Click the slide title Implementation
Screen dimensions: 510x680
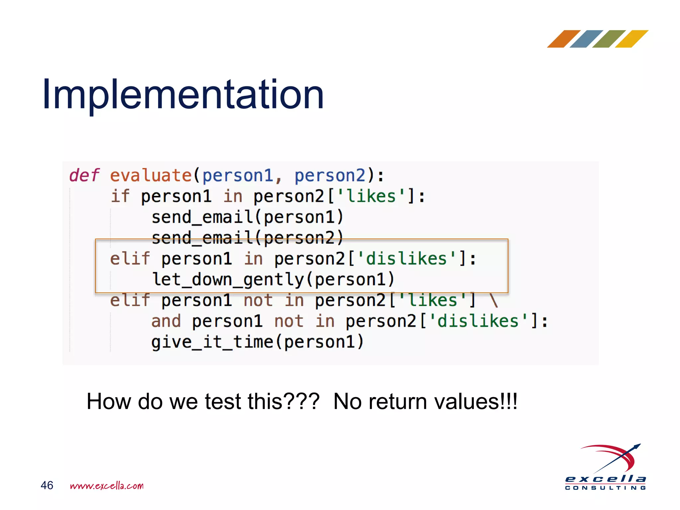click(183, 95)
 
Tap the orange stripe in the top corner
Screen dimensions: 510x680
click(563, 39)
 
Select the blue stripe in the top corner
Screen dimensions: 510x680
click(586, 39)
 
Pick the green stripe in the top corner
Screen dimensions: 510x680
click(609, 39)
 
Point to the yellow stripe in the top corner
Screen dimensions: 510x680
click(632, 39)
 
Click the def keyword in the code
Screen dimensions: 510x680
click(84, 175)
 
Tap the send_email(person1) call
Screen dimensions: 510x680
click(247, 217)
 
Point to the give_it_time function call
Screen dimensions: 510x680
click(258, 342)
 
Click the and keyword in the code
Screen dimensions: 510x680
click(166, 321)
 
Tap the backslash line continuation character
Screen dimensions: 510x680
click(494, 300)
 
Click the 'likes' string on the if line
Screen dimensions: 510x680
click(371, 196)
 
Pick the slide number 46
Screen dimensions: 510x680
click(47, 485)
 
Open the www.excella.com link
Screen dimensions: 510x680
click(107, 486)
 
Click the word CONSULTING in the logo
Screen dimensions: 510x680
click(605, 488)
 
